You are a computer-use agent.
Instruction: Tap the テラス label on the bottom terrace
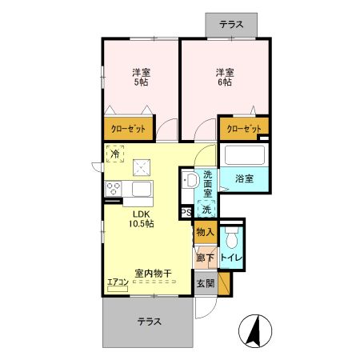point(148,322)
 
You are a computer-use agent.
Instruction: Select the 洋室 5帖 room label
point(141,78)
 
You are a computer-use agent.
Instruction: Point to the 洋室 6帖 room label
point(223,78)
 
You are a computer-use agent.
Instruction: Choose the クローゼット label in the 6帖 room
point(242,128)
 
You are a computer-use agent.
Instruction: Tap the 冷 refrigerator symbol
point(114,154)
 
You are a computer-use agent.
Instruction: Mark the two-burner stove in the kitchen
point(113,190)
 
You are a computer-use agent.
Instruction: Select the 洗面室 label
point(208,185)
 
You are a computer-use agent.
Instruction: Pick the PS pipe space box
point(186,213)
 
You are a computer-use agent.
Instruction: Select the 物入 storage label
point(205,232)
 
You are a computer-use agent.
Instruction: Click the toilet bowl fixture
point(232,238)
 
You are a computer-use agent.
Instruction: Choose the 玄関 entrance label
point(206,282)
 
